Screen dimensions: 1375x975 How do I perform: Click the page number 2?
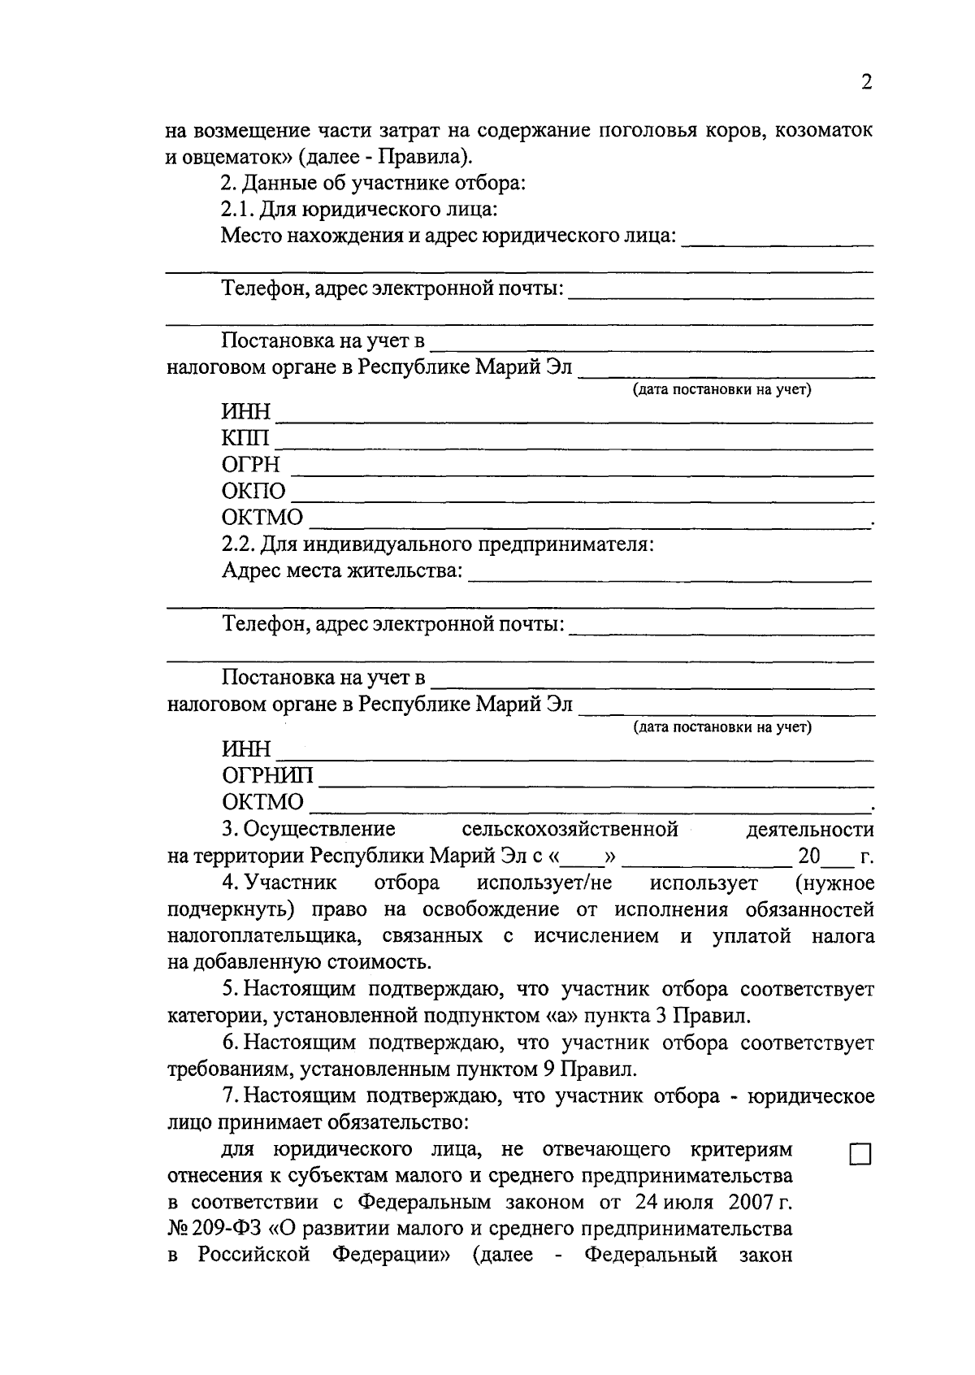[x=866, y=82]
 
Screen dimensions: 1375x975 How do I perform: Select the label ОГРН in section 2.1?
[x=251, y=465]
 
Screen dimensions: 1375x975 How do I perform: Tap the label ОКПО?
[x=253, y=492]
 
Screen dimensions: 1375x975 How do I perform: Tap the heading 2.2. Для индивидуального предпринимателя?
[x=438, y=544]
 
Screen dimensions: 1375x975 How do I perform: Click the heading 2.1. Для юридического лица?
[x=359, y=210]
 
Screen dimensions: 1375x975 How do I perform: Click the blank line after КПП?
[x=574, y=444]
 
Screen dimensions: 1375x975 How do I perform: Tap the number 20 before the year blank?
[x=809, y=857]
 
